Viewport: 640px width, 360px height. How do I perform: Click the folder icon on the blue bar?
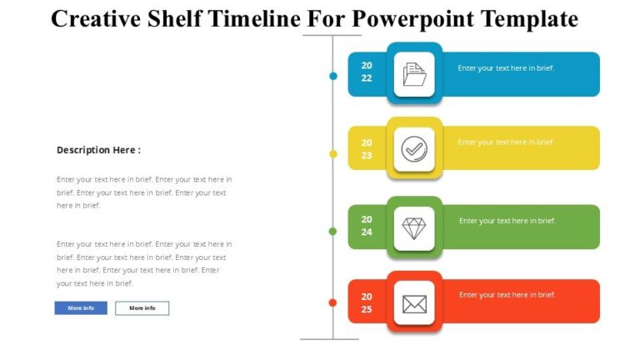click(414, 74)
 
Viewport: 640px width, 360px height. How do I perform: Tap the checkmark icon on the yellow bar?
click(414, 149)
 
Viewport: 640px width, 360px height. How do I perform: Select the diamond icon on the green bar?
click(414, 228)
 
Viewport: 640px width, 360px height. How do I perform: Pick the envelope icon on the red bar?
click(414, 303)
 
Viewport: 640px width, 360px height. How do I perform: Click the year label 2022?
click(367, 72)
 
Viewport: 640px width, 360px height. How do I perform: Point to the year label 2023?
click(367, 148)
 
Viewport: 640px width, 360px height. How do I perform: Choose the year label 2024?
click(367, 226)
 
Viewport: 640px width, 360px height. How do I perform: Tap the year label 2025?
click(367, 302)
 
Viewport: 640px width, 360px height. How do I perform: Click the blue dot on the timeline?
click(333, 76)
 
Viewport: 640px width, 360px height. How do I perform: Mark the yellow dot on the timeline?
click(333, 154)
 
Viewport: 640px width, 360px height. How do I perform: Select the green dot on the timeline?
click(332, 231)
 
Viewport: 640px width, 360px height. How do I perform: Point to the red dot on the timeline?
click(332, 302)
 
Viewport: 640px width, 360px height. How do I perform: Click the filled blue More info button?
click(81, 308)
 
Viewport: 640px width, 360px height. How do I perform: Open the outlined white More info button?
click(142, 308)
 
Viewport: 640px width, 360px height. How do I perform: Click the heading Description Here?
click(98, 150)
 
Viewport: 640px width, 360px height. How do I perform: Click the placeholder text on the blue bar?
click(506, 68)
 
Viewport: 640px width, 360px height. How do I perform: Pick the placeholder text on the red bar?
click(507, 295)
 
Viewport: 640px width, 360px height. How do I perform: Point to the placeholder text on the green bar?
click(507, 221)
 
